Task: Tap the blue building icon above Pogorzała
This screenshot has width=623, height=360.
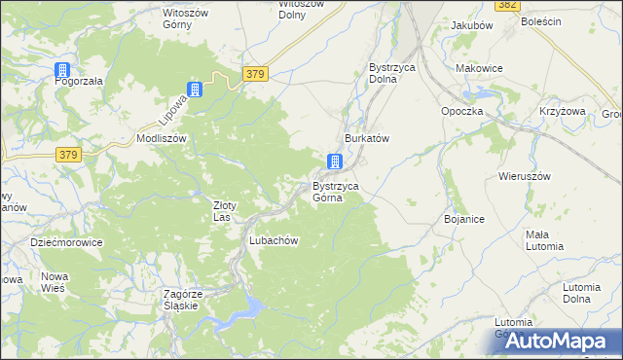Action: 62,70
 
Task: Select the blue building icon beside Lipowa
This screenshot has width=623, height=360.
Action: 195,90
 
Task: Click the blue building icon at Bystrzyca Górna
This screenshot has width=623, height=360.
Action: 335,162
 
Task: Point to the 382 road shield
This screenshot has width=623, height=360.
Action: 506,5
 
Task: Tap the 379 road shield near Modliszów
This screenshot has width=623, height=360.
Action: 67,155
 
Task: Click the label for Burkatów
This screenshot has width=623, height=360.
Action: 366,139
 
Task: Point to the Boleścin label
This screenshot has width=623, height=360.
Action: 541,21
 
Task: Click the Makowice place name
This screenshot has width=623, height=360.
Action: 479,68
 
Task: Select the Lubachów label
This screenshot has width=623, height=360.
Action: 273,240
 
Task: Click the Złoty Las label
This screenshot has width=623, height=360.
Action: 226,210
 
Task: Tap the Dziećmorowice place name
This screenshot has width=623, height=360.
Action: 66,242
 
